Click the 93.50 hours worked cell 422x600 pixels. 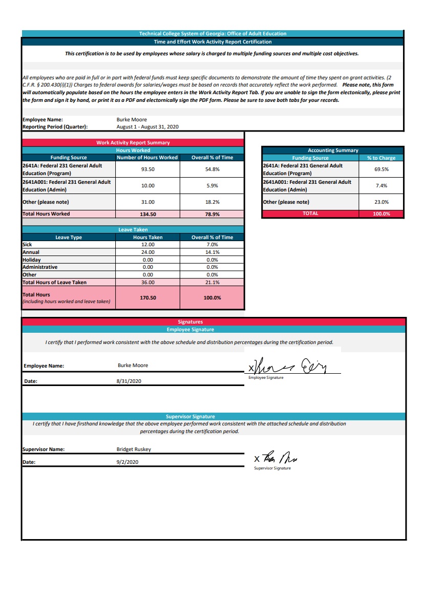point(147,169)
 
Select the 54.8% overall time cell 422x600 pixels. point(212,169)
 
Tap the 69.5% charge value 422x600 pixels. point(381,169)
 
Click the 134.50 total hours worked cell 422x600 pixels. point(147,214)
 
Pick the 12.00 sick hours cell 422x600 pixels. point(147,245)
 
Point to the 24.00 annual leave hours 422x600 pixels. point(147,252)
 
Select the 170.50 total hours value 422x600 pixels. point(147,297)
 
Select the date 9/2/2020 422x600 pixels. point(128,462)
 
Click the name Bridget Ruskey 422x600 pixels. point(134,449)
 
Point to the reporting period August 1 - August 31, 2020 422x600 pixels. point(147,126)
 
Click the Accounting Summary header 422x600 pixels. point(333,151)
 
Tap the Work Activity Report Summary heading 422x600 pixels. point(133,143)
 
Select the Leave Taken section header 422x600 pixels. point(133,230)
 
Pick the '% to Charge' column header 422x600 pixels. point(381,158)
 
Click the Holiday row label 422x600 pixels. point(31,260)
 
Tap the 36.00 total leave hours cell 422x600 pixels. point(147,283)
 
